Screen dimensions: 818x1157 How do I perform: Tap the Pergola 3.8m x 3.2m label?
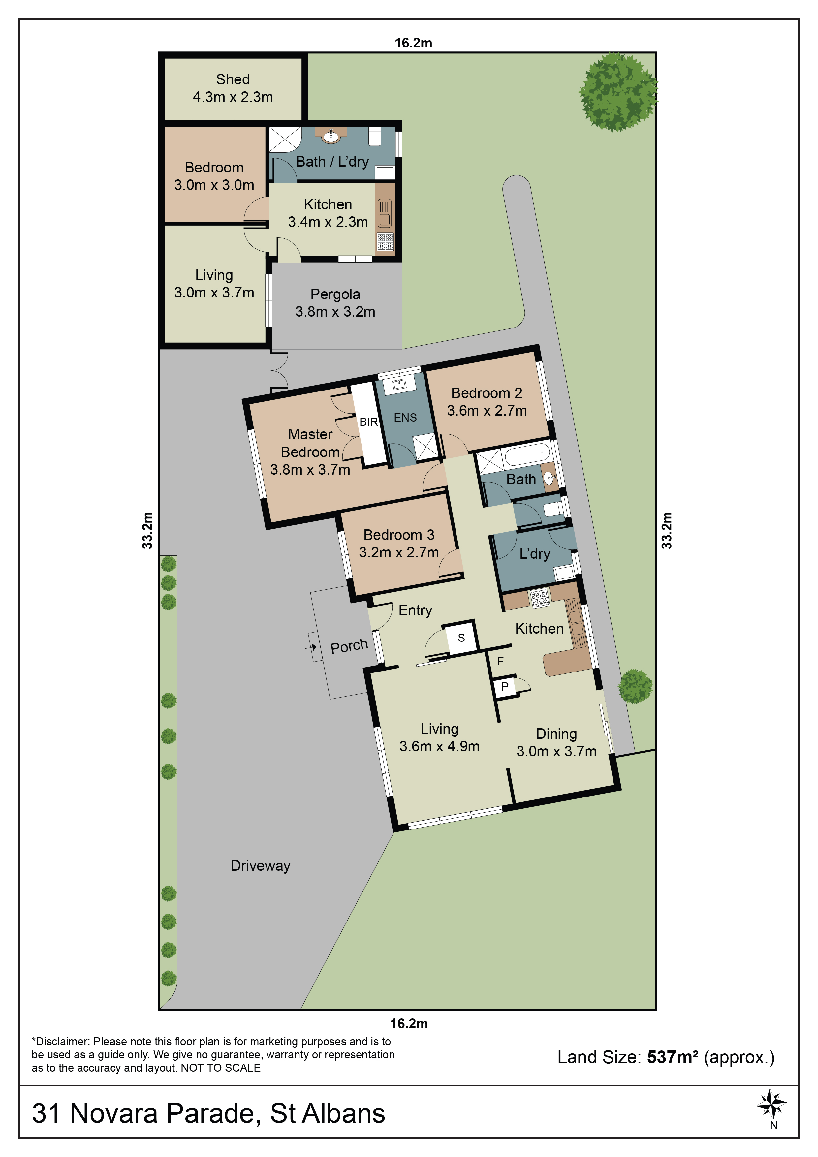(x=335, y=303)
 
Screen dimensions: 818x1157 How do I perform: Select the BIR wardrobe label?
(x=368, y=422)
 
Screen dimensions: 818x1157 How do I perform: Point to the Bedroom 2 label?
(x=487, y=402)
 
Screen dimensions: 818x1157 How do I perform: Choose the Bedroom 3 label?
(x=399, y=543)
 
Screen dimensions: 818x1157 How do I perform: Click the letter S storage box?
(x=461, y=638)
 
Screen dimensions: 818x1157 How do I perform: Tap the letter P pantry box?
(x=505, y=686)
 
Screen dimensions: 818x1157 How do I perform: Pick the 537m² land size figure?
(x=672, y=1057)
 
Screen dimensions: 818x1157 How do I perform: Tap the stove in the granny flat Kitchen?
(x=385, y=242)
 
